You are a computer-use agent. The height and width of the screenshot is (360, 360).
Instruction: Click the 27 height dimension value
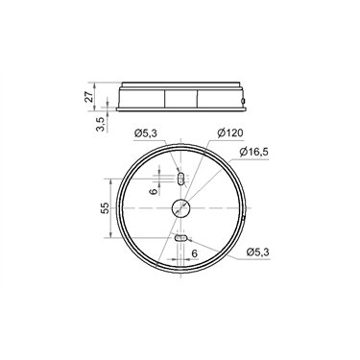(x=89, y=96)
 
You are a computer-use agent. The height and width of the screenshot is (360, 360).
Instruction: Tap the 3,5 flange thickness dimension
(x=100, y=124)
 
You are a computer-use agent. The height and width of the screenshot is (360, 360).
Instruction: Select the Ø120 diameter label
(x=229, y=133)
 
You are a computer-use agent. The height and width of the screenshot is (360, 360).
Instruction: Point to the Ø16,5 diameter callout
(x=253, y=152)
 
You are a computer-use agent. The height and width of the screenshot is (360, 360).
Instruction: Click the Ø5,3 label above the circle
(x=146, y=133)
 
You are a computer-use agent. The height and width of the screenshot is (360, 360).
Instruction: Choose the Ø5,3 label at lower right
(x=258, y=252)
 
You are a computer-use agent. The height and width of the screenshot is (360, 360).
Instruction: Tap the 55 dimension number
(x=105, y=208)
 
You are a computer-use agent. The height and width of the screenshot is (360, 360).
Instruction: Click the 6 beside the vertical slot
(x=154, y=191)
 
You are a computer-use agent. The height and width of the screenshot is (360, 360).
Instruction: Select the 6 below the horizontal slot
(x=194, y=253)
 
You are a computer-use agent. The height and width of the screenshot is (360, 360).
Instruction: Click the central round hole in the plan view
(x=180, y=208)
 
